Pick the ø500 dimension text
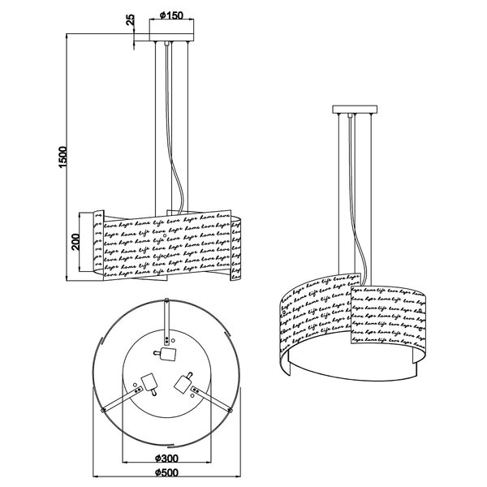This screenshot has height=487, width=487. point(170,475)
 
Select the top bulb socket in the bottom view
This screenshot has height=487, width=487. point(168,354)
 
